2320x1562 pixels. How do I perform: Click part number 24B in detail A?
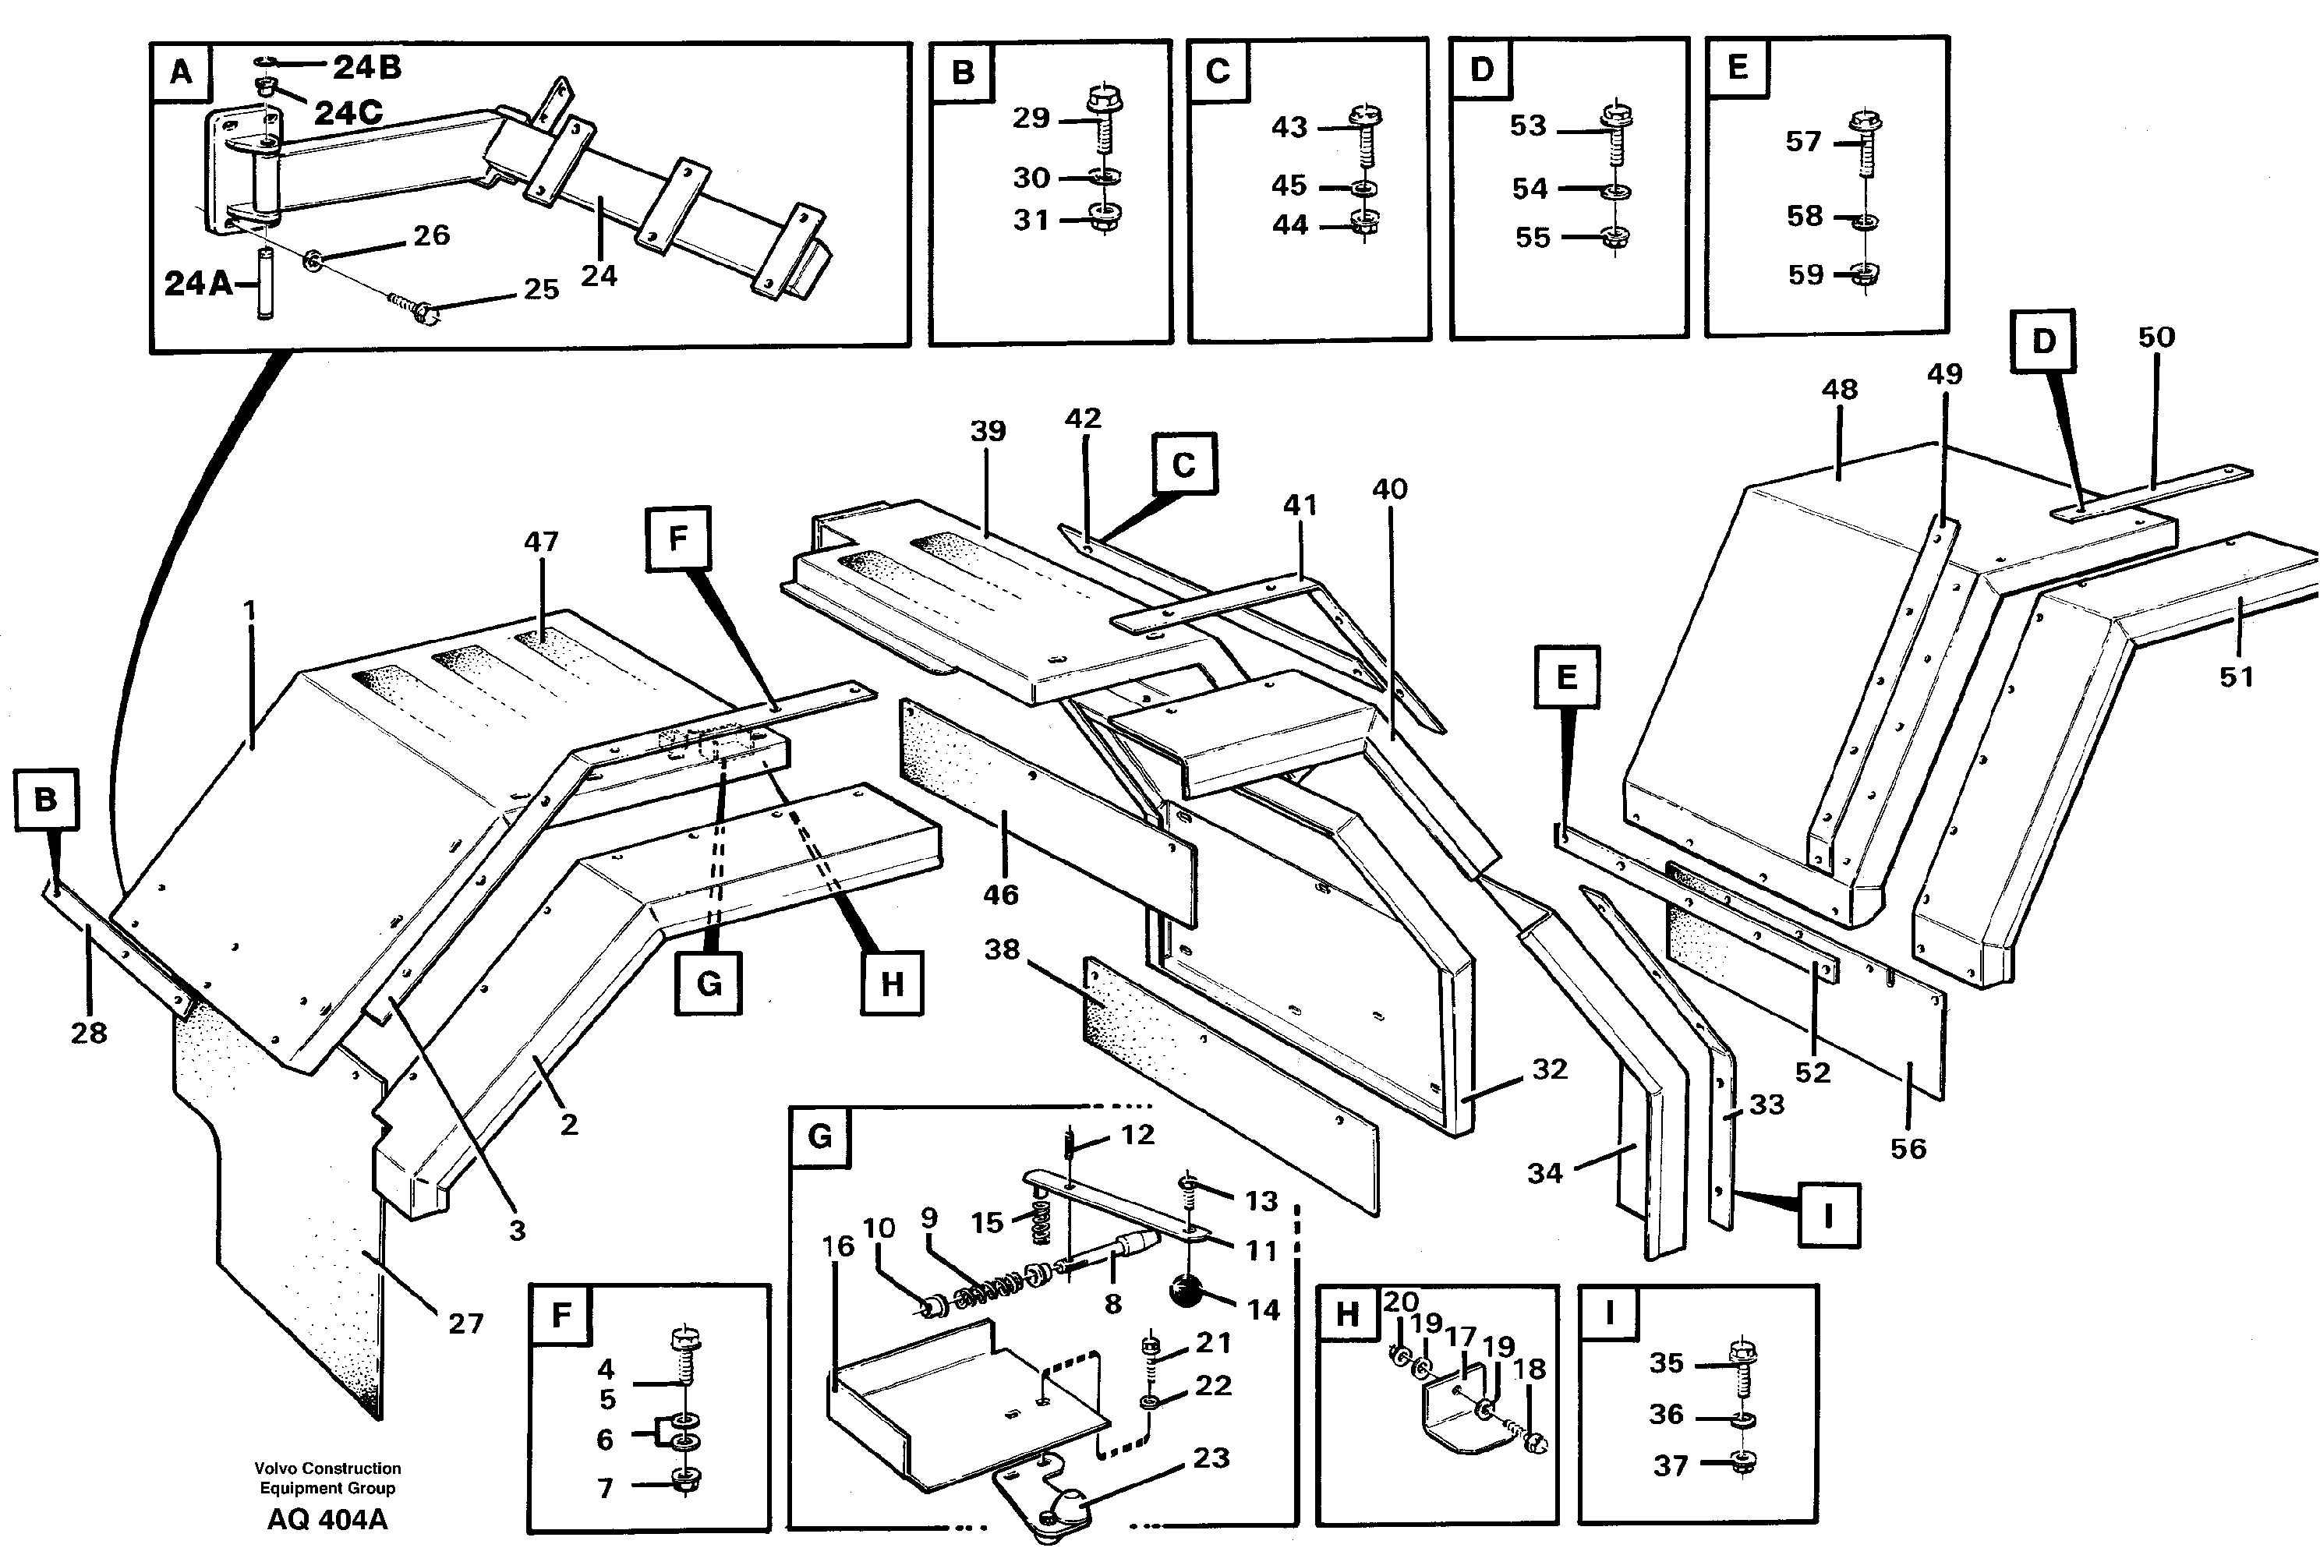366,67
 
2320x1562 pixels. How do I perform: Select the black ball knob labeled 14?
1186,1289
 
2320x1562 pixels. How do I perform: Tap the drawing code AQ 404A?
327,1519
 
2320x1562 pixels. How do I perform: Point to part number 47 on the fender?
541,542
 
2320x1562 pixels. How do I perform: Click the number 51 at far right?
2237,677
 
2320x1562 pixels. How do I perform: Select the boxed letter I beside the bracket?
1829,1214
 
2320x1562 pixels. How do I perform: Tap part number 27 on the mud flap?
465,1324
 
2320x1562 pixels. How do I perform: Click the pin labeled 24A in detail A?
265,284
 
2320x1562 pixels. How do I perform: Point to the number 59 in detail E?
1805,275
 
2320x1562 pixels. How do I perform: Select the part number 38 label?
1001,949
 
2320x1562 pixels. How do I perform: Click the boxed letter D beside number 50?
2043,341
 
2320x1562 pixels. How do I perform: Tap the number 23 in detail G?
1211,1458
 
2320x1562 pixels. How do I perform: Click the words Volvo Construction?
327,1468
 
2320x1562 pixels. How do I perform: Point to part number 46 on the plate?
1000,895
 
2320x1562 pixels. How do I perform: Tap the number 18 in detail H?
1529,1369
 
